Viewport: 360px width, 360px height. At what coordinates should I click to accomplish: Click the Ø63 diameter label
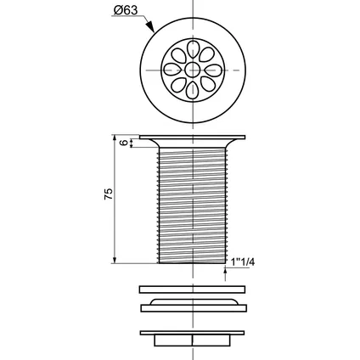(x=126, y=10)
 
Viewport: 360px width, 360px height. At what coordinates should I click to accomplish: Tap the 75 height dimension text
(x=109, y=194)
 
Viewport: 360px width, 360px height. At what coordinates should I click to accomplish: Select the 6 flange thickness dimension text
(x=124, y=143)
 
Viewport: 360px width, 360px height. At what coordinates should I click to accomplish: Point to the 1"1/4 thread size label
(x=243, y=262)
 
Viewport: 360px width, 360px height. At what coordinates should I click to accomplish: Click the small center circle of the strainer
(x=193, y=70)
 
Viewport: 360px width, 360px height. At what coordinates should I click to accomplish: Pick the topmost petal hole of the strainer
(x=193, y=50)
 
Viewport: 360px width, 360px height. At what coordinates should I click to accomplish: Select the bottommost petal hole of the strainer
(x=193, y=90)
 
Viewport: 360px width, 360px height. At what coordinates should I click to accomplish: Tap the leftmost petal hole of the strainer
(x=173, y=70)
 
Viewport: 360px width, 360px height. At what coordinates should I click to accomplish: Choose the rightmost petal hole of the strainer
(x=213, y=70)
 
